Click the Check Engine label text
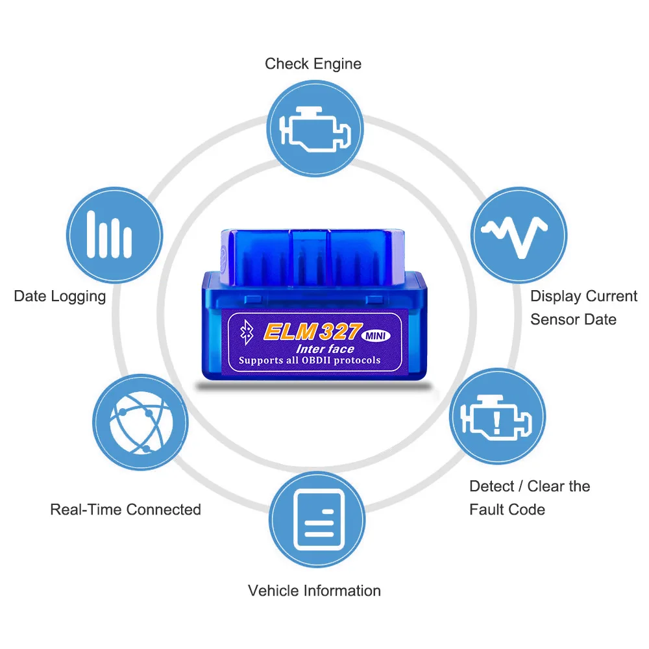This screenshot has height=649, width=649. tap(313, 64)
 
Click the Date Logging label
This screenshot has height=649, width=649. tap(60, 297)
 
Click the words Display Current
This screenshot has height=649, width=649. tap(583, 297)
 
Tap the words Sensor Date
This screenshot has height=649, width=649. tap(573, 319)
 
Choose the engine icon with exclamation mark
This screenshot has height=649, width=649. tap(497, 417)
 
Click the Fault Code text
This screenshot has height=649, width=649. tap(507, 509)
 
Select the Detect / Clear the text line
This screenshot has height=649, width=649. tap(530, 486)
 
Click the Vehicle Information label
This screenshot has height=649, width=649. tap(314, 591)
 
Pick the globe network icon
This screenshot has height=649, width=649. tap(140, 422)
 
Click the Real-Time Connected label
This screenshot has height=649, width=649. tap(125, 509)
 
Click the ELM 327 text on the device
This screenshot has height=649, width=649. tap(311, 332)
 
